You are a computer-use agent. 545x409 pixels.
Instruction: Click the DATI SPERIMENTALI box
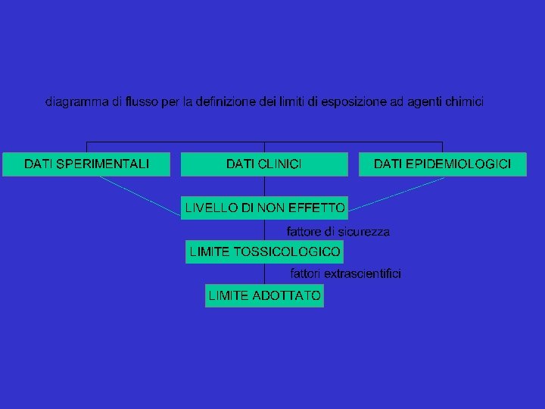click(x=86, y=164)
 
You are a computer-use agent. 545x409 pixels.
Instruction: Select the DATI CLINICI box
click(x=264, y=164)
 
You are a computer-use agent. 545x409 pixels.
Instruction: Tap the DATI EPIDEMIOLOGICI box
click(x=442, y=164)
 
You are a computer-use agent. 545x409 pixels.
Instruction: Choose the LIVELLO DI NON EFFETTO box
click(x=264, y=208)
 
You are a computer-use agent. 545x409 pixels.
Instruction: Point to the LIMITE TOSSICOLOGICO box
click(x=264, y=251)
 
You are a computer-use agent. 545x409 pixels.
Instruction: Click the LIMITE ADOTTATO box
click(x=264, y=295)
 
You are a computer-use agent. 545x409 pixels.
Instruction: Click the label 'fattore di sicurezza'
click(x=338, y=232)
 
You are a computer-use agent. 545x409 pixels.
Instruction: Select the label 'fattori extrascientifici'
click(x=346, y=273)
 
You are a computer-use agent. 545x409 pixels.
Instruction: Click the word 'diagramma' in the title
click(x=76, y=101)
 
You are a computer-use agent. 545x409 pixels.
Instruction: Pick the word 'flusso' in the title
click(x=143, y=101)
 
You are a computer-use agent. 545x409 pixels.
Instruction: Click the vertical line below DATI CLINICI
click(x=264, y=186)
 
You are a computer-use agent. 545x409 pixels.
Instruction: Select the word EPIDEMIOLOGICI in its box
click(x=463, y=164)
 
